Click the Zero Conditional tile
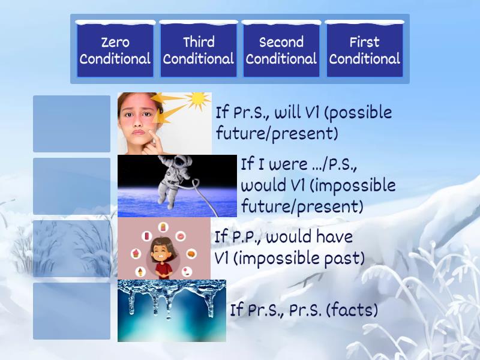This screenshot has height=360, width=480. pyautogui.click(x=115, y=50)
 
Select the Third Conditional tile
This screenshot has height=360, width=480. pyautogui.click(x=198, y=50)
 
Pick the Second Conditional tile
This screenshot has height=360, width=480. pyautogui.click(x=281, y=50)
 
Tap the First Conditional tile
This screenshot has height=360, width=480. pyautogui.click(x=364, y=50)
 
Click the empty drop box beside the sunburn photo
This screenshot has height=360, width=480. pyautogui.click(x=72, y=124)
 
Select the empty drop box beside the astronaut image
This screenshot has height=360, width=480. pyautogui.click(x=72, y=186)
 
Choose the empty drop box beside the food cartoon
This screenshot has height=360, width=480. pyautogui.click(x=72, y=248)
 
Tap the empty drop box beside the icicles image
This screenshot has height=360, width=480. pyautogui.click(x=72, y=311)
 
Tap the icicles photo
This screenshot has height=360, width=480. pyautogui.click(x=172, y=311)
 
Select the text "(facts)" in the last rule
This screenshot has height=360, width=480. pyautogui.click(x=355, y=311)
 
